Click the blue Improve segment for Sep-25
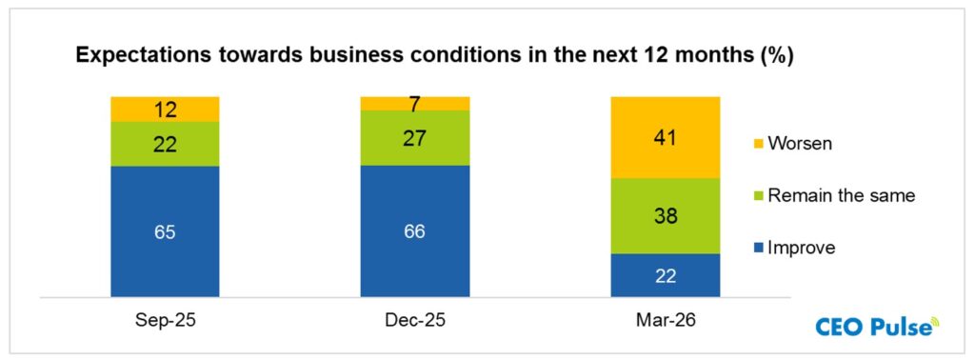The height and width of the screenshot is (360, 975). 165,231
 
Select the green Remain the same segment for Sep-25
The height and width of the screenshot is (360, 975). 165,144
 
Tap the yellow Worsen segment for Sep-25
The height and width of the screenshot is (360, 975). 165,109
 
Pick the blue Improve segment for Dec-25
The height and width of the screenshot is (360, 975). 415,230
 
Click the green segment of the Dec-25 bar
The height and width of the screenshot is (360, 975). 415,138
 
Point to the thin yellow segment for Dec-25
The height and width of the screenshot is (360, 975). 415,103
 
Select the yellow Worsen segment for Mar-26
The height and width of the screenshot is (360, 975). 665,137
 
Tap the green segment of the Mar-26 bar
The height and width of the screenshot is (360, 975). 665,216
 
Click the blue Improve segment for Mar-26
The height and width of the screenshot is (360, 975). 665,275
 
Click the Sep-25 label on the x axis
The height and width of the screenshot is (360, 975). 165,321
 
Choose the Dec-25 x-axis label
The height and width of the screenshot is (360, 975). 415,321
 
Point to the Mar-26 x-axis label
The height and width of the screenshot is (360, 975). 665,321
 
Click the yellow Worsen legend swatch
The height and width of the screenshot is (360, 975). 760,143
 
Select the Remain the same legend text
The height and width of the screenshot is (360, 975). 841,195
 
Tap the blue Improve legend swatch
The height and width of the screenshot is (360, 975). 760,249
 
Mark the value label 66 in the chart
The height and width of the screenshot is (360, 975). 415,230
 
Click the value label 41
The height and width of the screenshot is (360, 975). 665,137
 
